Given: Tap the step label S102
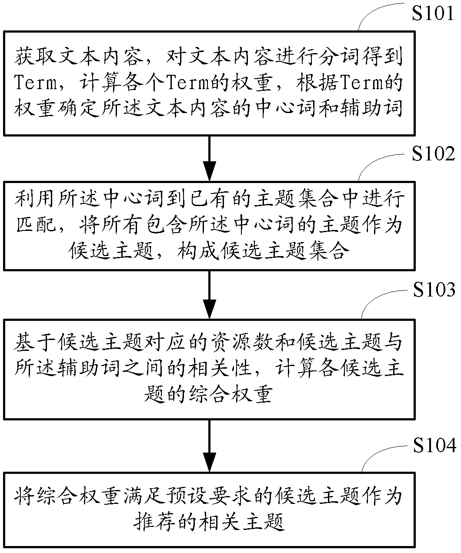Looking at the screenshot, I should tap(433, 154).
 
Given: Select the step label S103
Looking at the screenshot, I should tap(433, 290).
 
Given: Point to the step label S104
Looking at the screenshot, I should tap(433, 446).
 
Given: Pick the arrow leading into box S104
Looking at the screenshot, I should tap(210, 446).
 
